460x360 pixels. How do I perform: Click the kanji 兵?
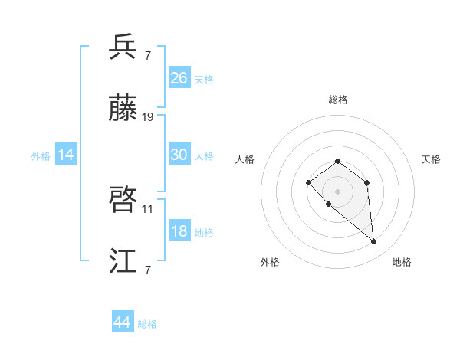point(123,47)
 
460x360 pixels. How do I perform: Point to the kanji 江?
point(123,260)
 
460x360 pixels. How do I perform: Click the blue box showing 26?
point(179,78)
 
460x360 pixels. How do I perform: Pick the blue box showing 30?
point(179,155)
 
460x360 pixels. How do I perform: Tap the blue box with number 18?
point(179,231)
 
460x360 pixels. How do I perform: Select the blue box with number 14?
point(65,155)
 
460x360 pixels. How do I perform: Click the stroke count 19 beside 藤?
point(148,117)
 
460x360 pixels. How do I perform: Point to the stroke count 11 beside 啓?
point(148,208)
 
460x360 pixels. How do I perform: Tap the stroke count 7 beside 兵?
point(147,56)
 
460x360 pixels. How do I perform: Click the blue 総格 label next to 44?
point(147,324)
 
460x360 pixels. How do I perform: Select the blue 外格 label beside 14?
point(41,156)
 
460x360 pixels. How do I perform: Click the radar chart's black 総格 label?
point(337,100)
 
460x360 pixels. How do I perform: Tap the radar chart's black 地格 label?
point(402,262)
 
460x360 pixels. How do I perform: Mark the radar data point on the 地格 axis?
point(373,242)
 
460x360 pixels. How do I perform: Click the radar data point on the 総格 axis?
point(337,161)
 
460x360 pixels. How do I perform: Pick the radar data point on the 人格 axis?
point(308,182)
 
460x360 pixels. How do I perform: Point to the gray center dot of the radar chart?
point(337,191)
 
